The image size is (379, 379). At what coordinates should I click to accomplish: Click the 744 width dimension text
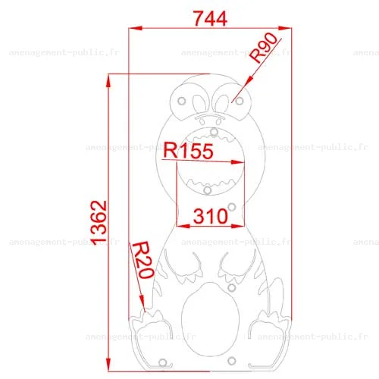click(210, 18)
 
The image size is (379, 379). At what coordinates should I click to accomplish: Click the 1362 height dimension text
click(99, 223)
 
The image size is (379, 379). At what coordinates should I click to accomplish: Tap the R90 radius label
click(264, 48)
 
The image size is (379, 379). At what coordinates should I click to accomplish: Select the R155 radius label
click(189, 151)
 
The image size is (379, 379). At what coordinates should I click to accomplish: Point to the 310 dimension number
click(211, 216)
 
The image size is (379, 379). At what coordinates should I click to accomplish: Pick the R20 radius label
click(143, 260)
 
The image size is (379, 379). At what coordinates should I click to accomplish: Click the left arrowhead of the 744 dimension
click(135, 28)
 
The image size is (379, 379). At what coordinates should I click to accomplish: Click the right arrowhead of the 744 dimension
click(284, 28)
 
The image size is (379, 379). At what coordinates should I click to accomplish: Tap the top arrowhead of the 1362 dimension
click(108, 80)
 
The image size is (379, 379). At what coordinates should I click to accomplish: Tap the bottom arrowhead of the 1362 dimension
click(108, 365)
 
